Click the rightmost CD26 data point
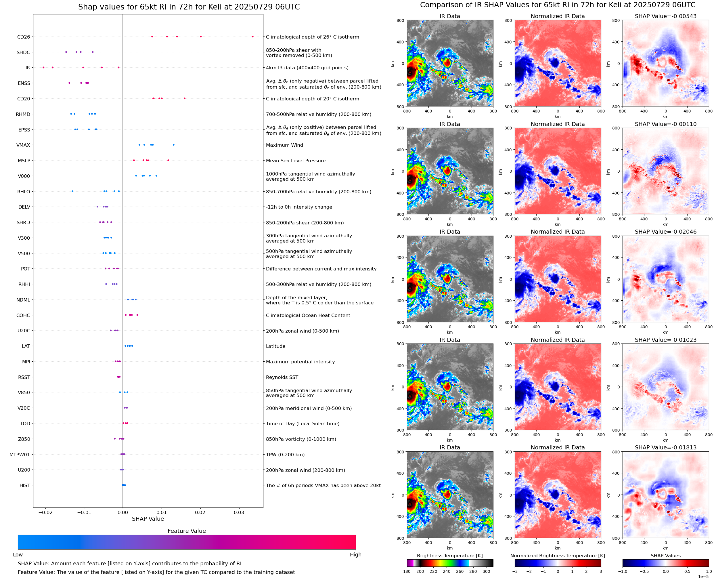pyautogui.click(x=252, y=37)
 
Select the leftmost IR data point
pyautogui.click(x=44, y=68)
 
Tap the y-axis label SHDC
pyautogui.click(x=23, y=52)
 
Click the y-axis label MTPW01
pyautogui.click(x=20, y=455)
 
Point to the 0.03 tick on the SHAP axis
pyautogui.click(x=239, y=512)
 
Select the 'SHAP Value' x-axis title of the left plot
pyautogui.click(x=148, y=519)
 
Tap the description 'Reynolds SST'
pyautogui.click(x=282, y=377)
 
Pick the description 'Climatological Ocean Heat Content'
pyautogui.click(x=308, y=315)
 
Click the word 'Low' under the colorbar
pyautogui.click(x=18, y=555)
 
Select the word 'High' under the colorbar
pyautogui.click(x=355, y=555)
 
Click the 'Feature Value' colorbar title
pyautogui.click(x=187, y=531)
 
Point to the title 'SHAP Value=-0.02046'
pyautogui.click(x=665, y=232)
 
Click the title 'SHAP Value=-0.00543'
pyautogui.click(x=665, y=16)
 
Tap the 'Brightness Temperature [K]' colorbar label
pyautogui.click(x=449, y=556)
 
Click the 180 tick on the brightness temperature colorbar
pyautogui.click(x=407, y=571)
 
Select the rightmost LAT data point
pyautogui.click(x=132, y=346)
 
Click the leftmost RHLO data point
pyautogui.click(x=72, y=191)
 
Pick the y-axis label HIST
pyautogui.click(x=25, y=485)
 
